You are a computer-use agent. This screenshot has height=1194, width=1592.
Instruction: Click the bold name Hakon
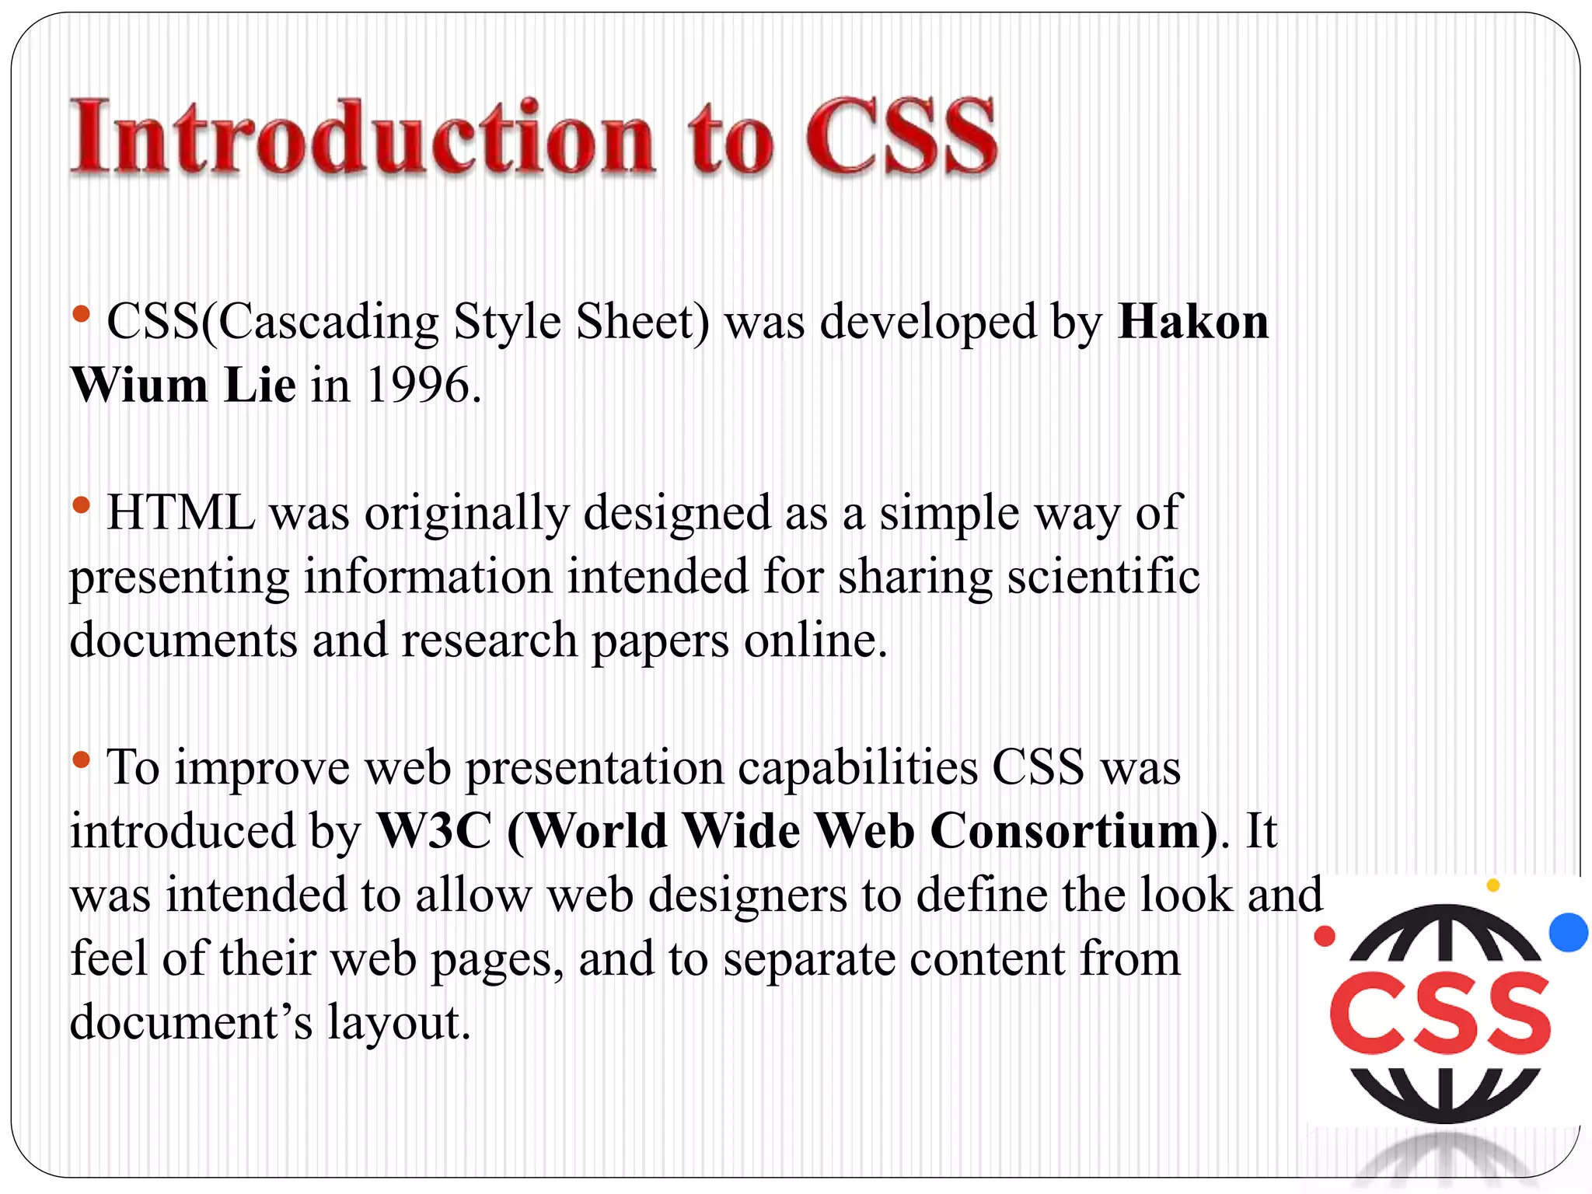1193,322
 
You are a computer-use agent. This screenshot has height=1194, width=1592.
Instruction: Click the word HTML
181,513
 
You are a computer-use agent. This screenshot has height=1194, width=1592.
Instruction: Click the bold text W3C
435,831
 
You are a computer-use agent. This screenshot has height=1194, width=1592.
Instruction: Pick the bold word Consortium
1073,831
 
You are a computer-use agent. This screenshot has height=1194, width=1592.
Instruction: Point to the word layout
399,1022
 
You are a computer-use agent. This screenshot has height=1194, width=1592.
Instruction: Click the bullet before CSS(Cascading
81,315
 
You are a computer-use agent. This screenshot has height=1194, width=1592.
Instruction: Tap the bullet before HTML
81,506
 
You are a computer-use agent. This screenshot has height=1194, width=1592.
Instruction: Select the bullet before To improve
81,760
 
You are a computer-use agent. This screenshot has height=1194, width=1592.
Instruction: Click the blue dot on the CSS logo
1569,932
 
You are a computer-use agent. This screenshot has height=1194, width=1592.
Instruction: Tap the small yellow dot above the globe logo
1492,885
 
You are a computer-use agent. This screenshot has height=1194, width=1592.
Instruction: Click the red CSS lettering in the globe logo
1440,1014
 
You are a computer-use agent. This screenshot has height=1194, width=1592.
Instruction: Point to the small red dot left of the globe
1325,936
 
